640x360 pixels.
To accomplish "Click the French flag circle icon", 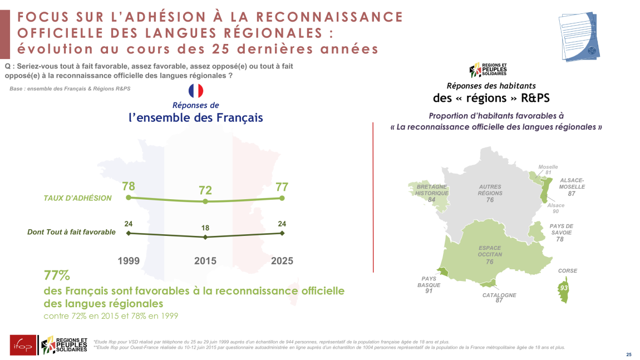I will (196, 91).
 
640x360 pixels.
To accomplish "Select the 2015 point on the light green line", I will (205, 201).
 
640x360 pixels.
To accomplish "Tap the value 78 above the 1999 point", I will (129, 186).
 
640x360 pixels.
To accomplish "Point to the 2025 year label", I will (282, 260).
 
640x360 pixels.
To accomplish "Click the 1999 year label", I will (129, 260).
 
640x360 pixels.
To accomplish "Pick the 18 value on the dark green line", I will (205, 228).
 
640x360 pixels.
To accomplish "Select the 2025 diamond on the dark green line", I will (282, 233).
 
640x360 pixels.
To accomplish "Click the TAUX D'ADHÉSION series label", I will (77, 198).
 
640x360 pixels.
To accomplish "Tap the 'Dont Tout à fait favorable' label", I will (71, 232).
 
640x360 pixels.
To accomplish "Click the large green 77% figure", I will (57, 275).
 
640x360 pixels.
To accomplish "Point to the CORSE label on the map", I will (568, 271).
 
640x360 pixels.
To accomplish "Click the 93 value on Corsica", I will (564, 288).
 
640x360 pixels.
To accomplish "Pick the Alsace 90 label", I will (555, 208).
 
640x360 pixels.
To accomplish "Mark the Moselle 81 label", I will (548, 170).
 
